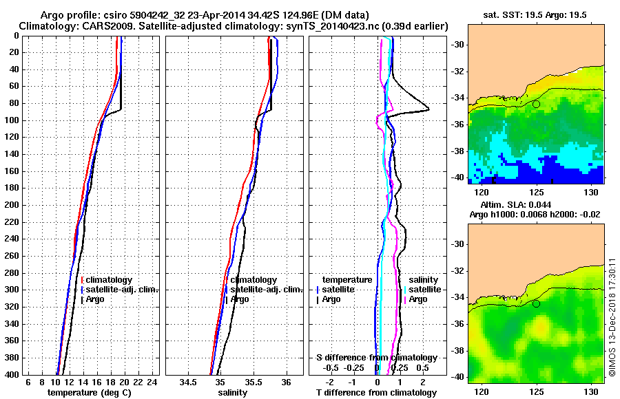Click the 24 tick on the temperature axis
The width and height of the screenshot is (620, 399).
[x=152, y=382]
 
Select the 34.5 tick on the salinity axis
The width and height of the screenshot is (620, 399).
[x=187, y=382]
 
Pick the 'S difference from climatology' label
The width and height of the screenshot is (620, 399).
[x=377, y=358]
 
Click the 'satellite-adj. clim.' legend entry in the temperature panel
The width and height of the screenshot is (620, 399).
[x=122, y=290]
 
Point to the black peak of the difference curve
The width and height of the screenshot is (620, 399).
[x=428, y=109]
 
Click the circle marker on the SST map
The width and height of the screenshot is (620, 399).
[x=536, y=104]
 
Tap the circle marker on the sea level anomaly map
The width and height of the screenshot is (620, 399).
[x=536, y=303]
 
